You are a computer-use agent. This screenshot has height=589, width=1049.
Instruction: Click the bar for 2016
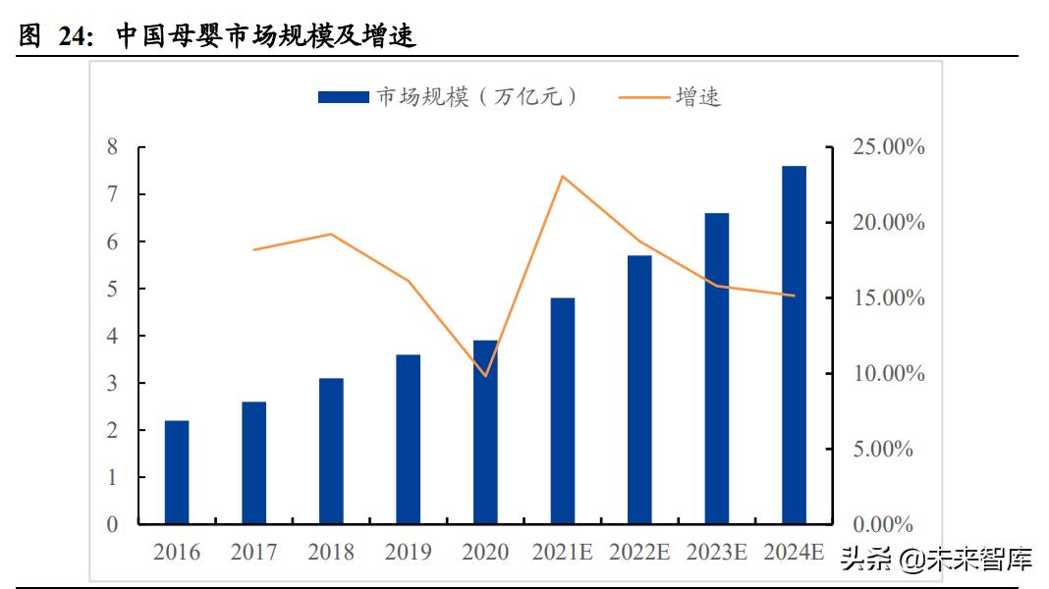tap(177, 472)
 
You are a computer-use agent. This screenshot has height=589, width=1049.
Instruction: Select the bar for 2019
tap(409, 439)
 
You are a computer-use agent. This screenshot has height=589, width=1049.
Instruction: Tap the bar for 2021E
tap(563, 410)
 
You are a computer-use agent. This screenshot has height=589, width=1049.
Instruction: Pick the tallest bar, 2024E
tap(794, 345)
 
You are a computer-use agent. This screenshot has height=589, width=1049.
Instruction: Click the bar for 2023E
tap(717, 368)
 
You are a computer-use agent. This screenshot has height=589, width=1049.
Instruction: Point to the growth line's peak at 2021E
tap(563, 177)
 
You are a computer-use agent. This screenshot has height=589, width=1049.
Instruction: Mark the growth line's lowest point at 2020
tap(485, 376)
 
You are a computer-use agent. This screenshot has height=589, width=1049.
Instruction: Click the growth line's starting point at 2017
tap(254, 249)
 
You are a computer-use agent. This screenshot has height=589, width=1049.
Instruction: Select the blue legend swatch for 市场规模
tap(344, 96)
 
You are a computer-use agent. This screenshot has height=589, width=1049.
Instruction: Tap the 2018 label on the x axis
tap(331, 552)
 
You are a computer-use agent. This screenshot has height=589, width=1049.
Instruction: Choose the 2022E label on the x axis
tap(640, 552)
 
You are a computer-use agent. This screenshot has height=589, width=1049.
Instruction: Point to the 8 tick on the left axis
tap(112, 147)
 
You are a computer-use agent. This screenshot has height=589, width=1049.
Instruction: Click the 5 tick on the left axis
tap(112, 289)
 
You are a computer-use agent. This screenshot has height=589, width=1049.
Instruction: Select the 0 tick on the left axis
tap(112, 524)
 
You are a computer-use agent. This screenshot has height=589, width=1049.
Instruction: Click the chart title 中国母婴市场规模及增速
tap(265, 37)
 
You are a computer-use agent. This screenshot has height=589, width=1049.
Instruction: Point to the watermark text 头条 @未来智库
tap(934, 560)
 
